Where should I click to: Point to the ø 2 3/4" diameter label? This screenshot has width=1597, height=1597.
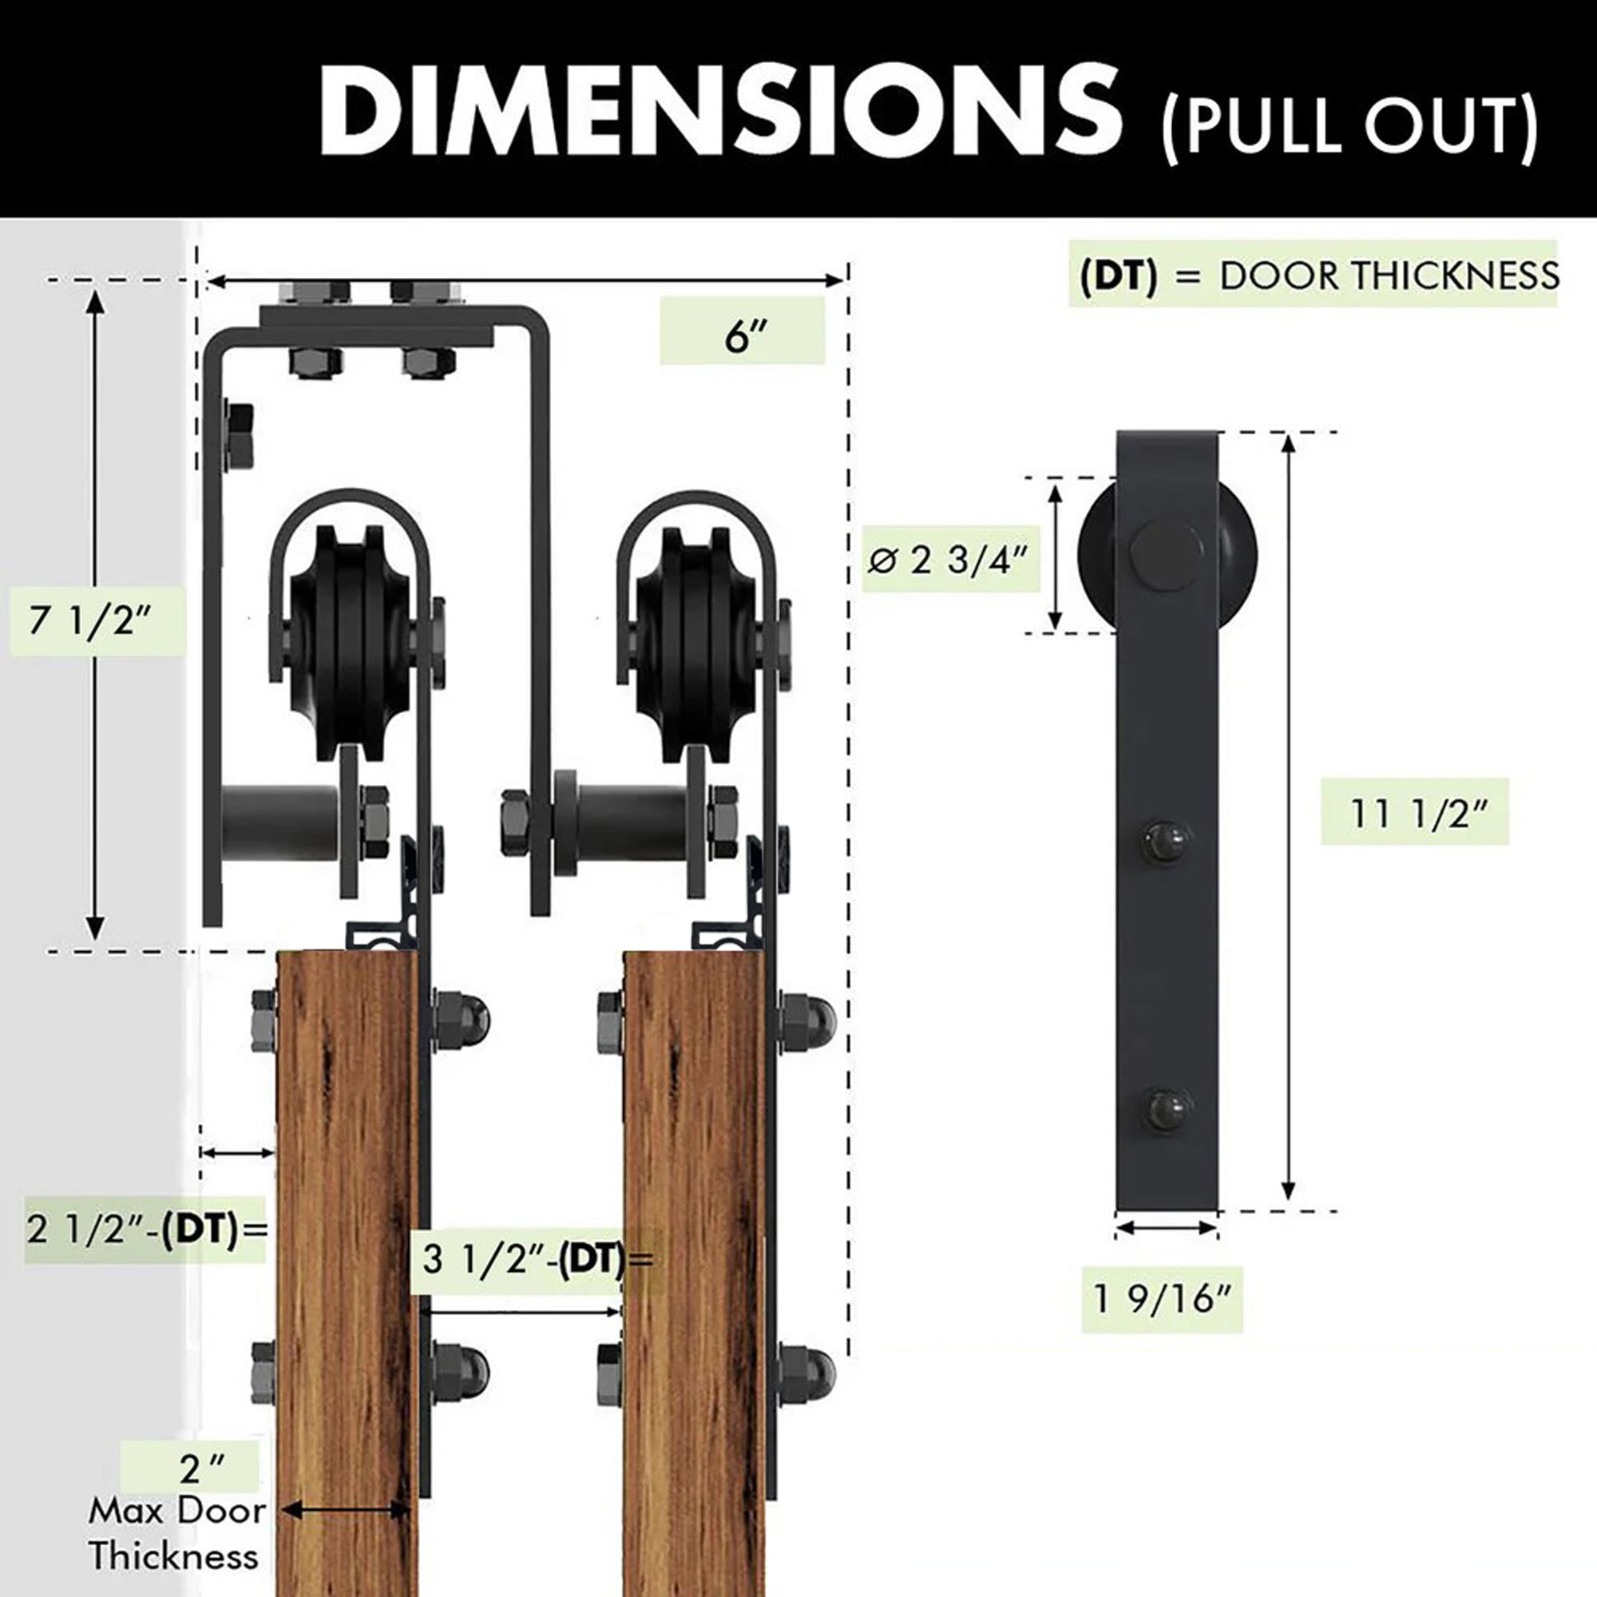[948, 560]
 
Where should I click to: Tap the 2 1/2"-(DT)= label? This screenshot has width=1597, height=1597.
[147, 1229]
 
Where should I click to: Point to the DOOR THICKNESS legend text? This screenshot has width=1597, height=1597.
[1389, 276]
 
